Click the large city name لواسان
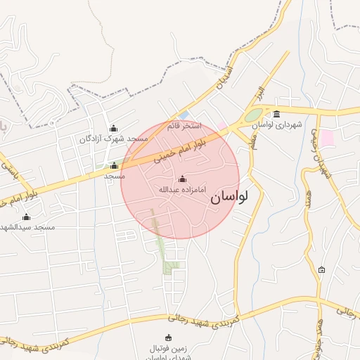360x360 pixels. [229, 198]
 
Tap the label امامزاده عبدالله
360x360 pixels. [171, 189]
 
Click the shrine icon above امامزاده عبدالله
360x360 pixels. [183, 179]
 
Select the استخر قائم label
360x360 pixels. [184, 126]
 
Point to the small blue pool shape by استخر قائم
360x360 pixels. [184, 115]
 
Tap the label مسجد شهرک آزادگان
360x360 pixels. [114, 139]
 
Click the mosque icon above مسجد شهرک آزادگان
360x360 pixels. [114, 128]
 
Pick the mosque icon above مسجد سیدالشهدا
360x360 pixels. [27, 217]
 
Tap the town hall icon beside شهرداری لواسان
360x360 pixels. [276, 114]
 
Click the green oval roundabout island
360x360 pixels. [253, 115]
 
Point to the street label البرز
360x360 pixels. [259, 94]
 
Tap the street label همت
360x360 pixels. [309, 199]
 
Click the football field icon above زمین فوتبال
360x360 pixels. [167, 337]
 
